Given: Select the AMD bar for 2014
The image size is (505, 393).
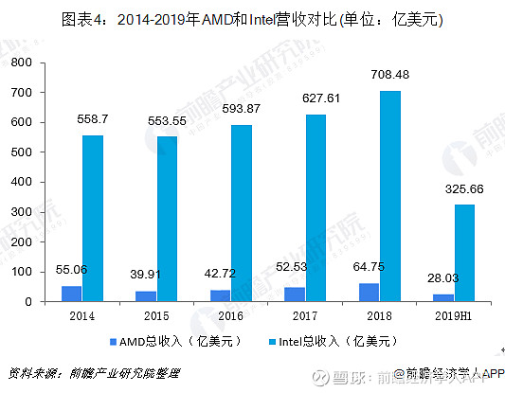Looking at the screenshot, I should [72, 294].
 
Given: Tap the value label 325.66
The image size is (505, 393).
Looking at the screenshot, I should [463, 189].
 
